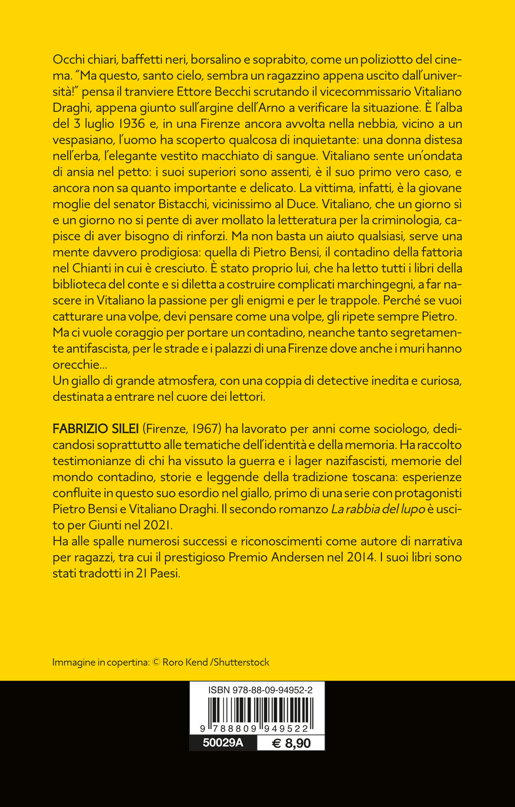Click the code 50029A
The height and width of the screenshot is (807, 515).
(x=223, y=743)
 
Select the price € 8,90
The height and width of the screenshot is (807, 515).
(x=291, y=743)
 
